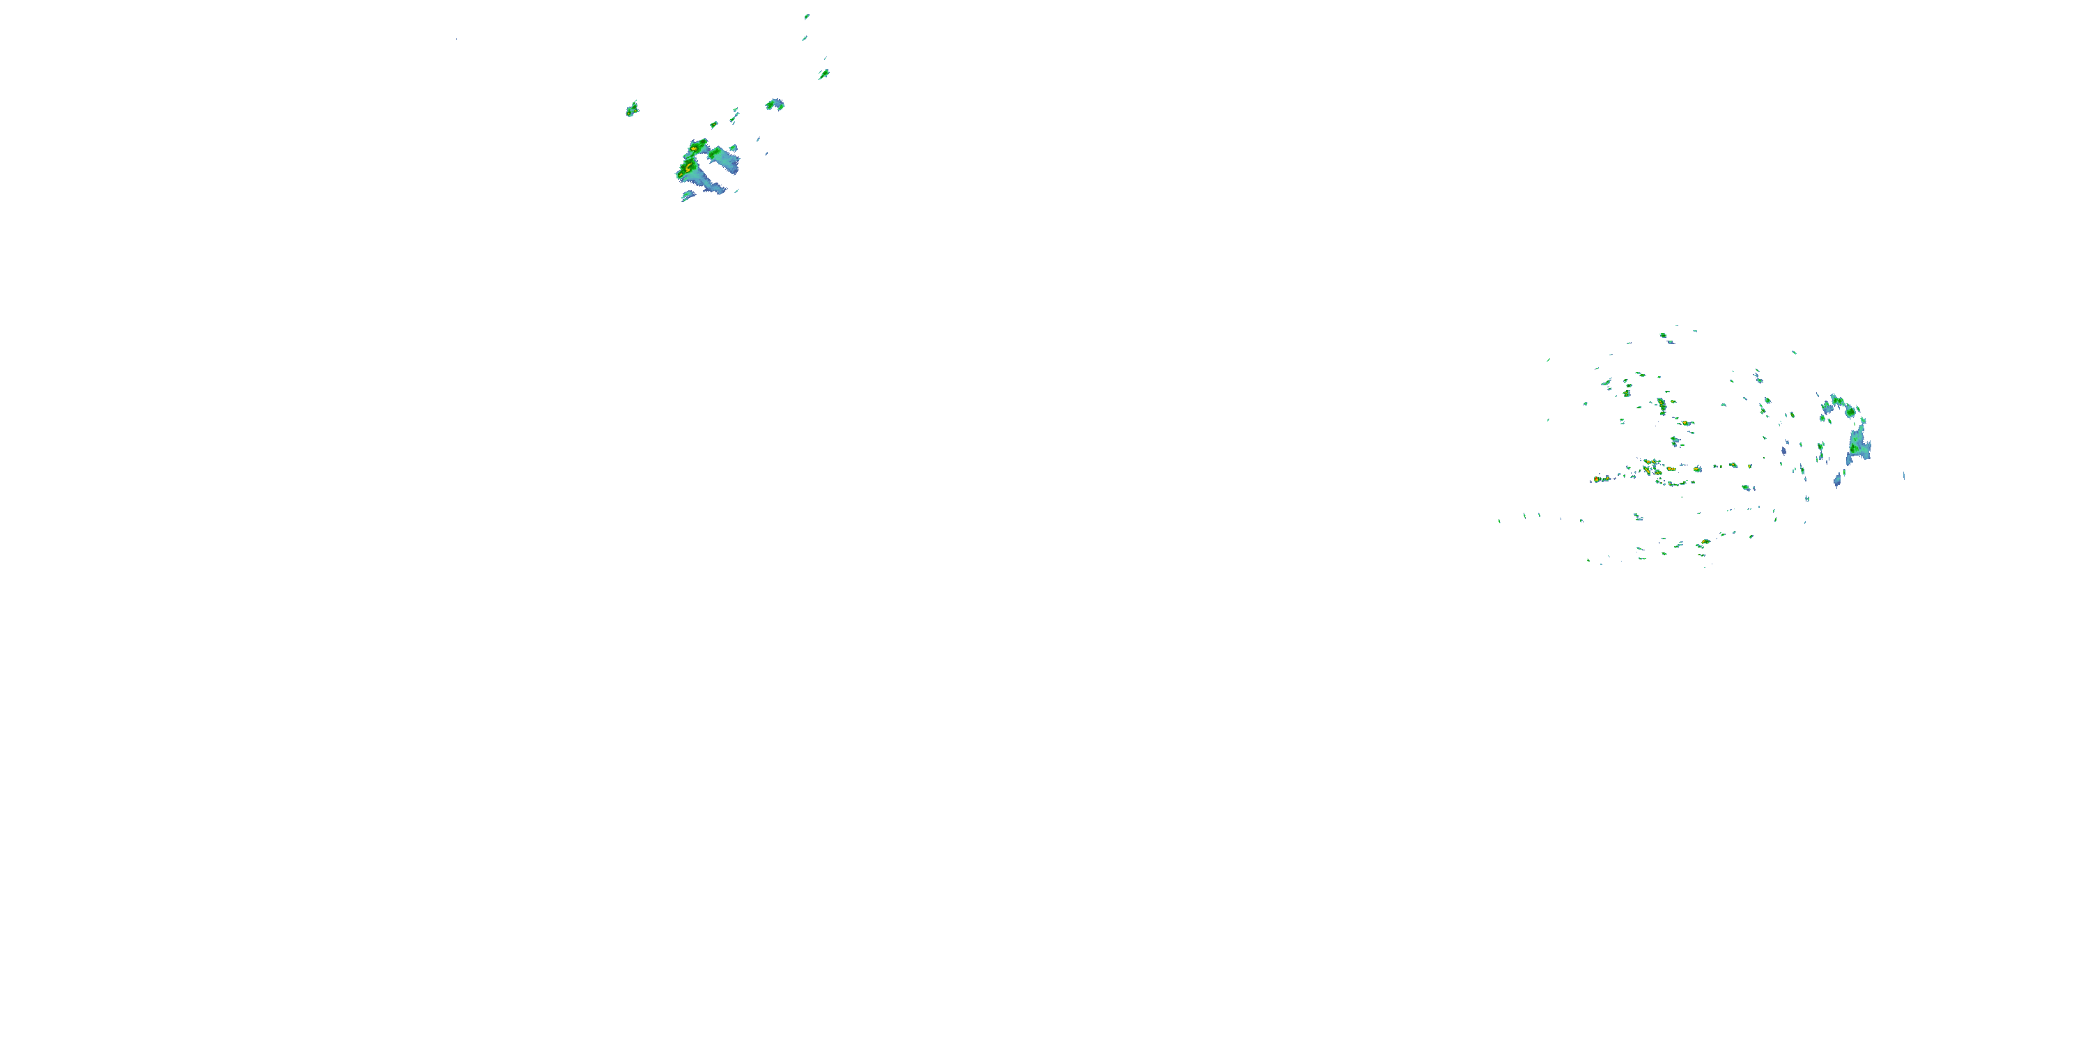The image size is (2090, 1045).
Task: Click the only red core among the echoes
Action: tap(1597, 479)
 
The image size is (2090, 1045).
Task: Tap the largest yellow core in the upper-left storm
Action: tap(688, 168)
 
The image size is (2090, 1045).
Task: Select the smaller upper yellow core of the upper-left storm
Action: tap(695, 149)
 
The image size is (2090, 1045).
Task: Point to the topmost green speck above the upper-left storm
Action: tap(807, 15)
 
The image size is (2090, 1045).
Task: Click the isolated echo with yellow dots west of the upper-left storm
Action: tap(631, 109)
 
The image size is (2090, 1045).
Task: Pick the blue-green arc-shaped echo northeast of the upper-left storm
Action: tap(775, 104)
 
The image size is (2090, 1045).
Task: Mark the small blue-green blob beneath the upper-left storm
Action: tap(687, 196)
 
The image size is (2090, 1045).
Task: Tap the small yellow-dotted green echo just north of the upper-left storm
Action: tap(714, 125)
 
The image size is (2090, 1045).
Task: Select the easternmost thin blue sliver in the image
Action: tap(1904, 475)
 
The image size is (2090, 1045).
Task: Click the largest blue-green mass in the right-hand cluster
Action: tap(1858, 445)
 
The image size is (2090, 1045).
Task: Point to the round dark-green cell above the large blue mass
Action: tap(1850, 411)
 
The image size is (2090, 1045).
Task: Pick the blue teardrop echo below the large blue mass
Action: tap(1837, 481)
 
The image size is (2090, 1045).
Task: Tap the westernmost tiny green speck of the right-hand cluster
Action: tap(1499, 521)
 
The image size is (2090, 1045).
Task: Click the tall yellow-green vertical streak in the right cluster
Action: tap(1662, 404)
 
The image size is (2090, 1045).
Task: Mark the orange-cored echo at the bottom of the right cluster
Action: tap(1705, 542)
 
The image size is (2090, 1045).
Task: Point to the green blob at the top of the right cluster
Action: tap(1662, 334)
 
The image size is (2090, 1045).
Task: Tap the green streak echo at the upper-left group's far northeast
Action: tap(823, 75)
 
